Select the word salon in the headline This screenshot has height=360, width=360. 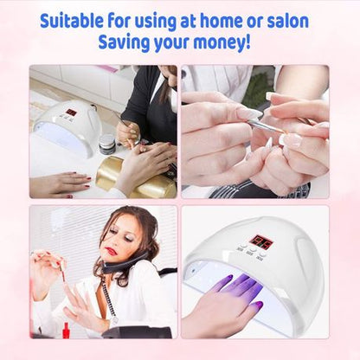coord(284,21)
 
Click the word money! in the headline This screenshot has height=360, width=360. coord(224,42)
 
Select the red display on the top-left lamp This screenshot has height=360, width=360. coord(71,112)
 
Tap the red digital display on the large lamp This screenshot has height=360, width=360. coord(260,243)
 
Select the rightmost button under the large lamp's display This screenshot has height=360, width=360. coord(270,257)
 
